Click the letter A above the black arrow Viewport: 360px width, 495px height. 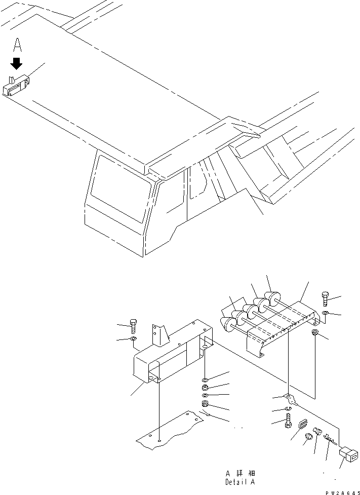17,46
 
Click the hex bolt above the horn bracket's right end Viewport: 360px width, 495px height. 326,299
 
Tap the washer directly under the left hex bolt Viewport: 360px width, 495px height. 133,338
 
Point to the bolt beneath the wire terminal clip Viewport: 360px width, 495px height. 289,420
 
